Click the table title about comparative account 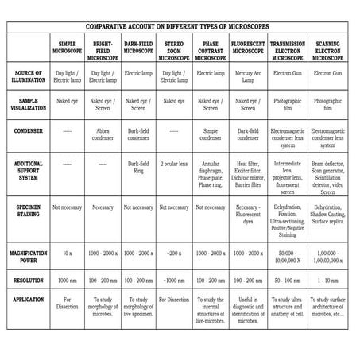click(180, 26)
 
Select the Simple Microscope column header click(67, 47)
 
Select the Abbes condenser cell click(103, 130)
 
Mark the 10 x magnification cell click(67, 257)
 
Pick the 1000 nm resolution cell click(67, 280)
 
